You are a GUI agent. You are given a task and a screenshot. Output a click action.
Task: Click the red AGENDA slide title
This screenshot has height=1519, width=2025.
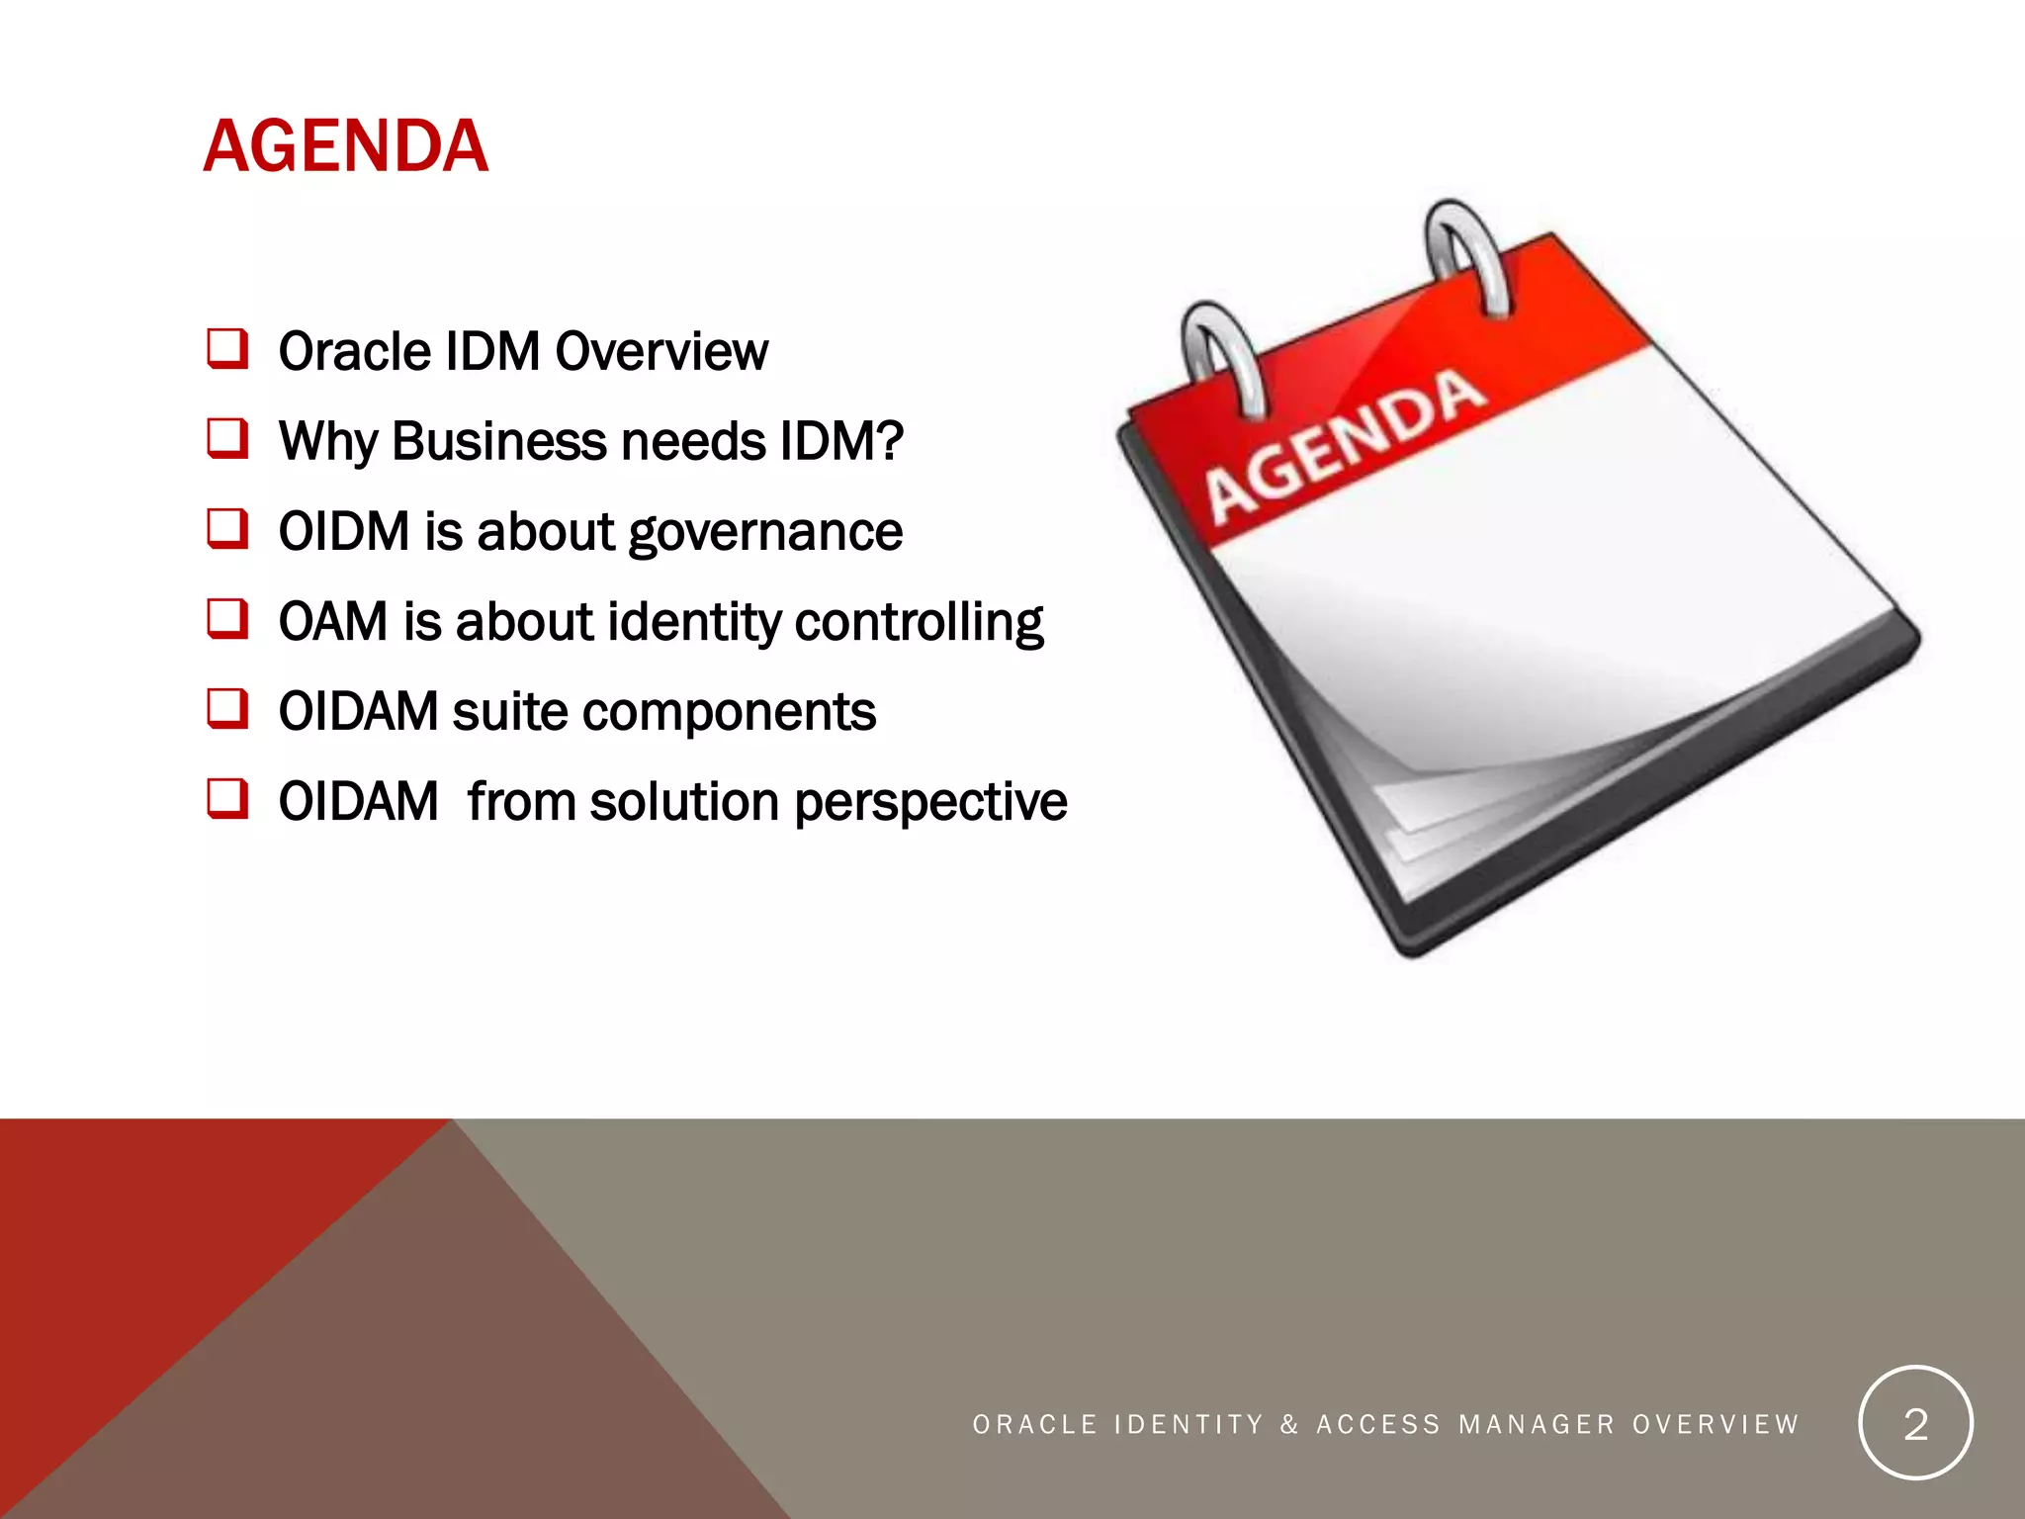345,146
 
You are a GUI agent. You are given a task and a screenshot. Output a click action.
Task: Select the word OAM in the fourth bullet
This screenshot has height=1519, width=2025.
332,622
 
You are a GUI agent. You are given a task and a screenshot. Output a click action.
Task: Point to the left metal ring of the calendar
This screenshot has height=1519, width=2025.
1224,356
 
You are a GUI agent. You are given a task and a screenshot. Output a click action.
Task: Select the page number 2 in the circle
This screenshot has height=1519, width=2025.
1915,1424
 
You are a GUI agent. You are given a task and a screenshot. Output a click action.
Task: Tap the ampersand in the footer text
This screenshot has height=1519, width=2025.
1288,1425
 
